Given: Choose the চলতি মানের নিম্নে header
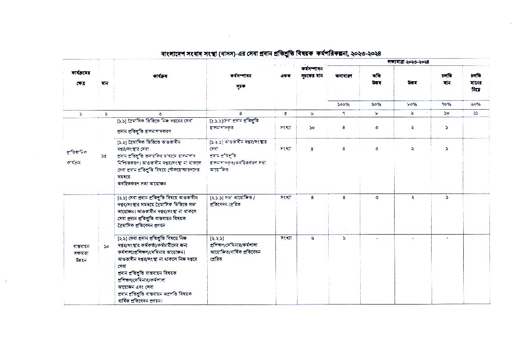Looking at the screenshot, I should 476,83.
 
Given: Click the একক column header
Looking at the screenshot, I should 285,76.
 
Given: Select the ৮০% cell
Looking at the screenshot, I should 412,104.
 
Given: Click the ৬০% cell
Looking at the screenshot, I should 476,104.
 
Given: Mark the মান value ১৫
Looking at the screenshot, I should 104,156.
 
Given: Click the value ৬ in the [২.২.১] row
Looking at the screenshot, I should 312,238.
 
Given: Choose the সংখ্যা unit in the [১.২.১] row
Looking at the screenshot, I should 285,148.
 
